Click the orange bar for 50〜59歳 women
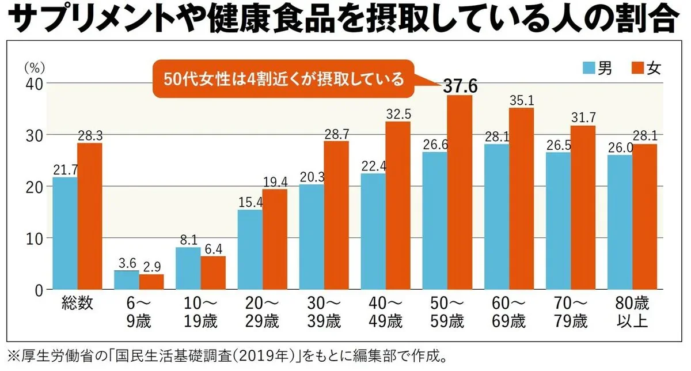[460, 192]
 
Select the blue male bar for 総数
[65, 233]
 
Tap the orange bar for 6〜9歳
[151, 282]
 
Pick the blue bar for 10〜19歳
[189, 268]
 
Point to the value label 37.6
[460, 86]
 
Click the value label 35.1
[522, 100]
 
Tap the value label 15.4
[250, 202]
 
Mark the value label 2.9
[151, 267]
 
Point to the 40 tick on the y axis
[33, 84]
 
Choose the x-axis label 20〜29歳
[262, 311]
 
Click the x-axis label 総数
[77, 303]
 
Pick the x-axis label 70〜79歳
[571, 311]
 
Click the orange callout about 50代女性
[284, 79]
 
